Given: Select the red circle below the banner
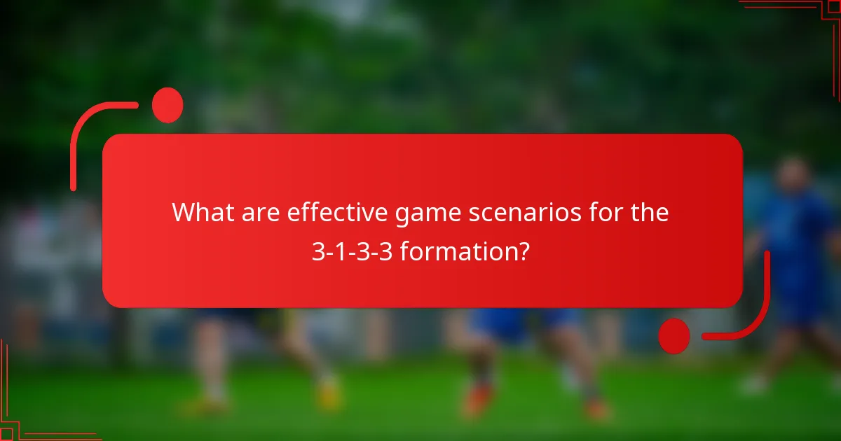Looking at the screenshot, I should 674,335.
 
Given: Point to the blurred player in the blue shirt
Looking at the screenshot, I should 795,245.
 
